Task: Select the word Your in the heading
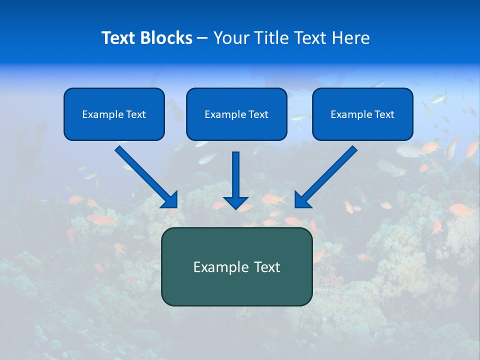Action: [230, 38]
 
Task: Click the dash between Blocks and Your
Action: [202, 38]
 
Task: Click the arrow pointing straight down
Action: [236, 177]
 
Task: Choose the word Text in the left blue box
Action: [135, 114]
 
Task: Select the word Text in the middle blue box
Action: [258, 114]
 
